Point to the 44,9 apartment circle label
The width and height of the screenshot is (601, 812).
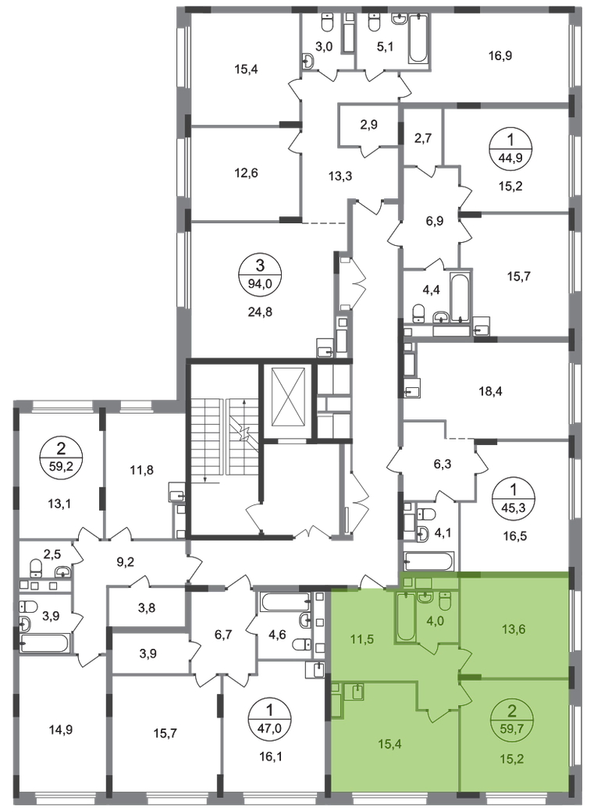click(510, 147)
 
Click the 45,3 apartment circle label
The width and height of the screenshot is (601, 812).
click(513, 497)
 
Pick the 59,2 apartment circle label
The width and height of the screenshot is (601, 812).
click(61, 458)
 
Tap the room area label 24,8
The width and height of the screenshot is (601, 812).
click(261, 312)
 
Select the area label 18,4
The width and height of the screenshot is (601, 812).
click(491, 391)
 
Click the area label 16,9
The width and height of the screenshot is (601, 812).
click(500, 55)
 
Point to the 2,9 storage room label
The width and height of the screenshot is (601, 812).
click(369, 124)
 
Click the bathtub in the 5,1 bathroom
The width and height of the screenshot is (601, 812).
click(418, 39)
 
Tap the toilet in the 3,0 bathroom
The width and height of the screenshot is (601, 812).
click(327, 23)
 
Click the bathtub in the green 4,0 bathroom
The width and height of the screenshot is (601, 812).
click(405, 617)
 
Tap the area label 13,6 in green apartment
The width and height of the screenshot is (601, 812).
click(514, 629)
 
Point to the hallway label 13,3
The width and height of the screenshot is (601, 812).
click(340, 176)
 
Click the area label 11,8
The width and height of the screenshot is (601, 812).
click(141, 470)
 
